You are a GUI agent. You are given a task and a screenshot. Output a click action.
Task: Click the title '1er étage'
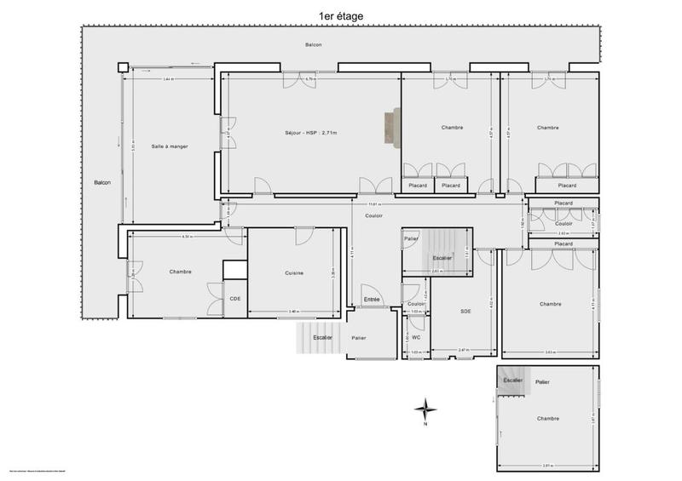coord(340,15)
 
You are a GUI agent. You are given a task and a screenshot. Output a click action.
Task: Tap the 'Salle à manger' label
coord(169,146)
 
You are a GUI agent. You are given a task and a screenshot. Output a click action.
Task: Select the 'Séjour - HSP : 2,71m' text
coord(311,133)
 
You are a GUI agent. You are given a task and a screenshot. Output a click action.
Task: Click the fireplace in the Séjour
coord(390,128)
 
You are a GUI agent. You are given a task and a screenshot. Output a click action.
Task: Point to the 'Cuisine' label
coord(294,272)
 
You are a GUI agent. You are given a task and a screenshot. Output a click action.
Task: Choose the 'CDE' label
coord(234,298)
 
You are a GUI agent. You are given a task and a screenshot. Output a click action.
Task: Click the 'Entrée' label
coord(372,300)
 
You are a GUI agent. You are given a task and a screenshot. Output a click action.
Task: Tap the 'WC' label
coord(416,337)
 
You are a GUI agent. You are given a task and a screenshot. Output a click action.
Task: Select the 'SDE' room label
coord(465,311)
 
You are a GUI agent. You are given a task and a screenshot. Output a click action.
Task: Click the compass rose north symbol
coord(425,410)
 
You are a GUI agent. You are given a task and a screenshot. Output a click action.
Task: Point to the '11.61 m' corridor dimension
coord(373,204)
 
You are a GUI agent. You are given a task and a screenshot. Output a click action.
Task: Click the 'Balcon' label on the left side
coord(102,183)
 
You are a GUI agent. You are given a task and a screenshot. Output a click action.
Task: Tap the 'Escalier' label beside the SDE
coord(442,257)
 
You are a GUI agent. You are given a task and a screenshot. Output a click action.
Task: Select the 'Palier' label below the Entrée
coord(358,338)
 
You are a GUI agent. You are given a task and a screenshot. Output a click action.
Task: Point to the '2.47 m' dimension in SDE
coord(465,351)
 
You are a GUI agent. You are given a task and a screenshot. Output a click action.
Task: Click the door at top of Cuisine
coord(304,236)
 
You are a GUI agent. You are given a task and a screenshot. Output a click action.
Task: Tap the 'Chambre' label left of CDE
coord(180,272)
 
